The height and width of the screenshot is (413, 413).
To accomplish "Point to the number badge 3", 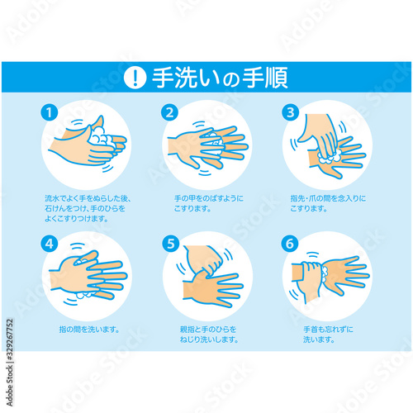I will pyautogui.click(x=290, y=112).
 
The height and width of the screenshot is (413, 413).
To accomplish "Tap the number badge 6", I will pyautogui.click(x=290, y=243).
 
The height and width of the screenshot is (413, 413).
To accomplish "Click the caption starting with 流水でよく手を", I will pyautogui.click(x=88, y=209).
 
